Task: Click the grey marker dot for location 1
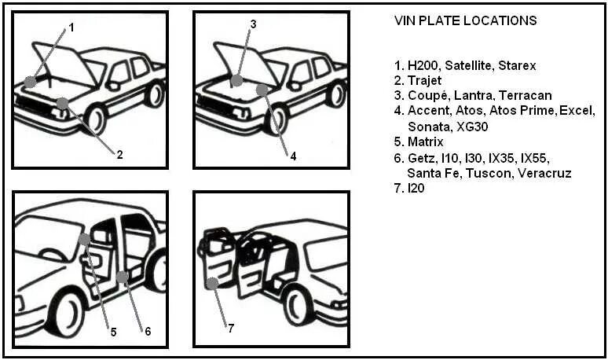pyautogui.click(x=30, y=82)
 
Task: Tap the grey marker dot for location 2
pyautogui.click(x=62, y=103)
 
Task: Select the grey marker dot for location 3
pyautogui.click(x=236, y=80)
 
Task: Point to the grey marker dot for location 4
pyautogui.click(x=262, y=90)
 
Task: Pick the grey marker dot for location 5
pyautogui.click(x=84, y=239)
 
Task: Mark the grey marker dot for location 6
pyautogui.click(x=122, y=277)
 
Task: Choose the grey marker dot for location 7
pyautogui.click(x=211, y=284)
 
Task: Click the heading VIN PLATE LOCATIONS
pyautogui.click(x=465, y=20)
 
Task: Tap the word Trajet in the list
pyautogui.click(x=425, y=81)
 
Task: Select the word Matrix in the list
pyautogui.click(x=426, y=142)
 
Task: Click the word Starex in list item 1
pyautogui.click(x=518, y=65)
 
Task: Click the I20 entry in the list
pyautogui.click(x=416, y=189)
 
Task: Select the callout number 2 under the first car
pyautogui.click(x=119, y=155)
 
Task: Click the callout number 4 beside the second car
pyautogui.click(x=293, y=156)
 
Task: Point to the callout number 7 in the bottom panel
pyautogui.click(x=230, y=329)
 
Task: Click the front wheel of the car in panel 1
pyautogui.click(x=94, y=119)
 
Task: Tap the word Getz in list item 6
pyautogui.click(x=422, y=158)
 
